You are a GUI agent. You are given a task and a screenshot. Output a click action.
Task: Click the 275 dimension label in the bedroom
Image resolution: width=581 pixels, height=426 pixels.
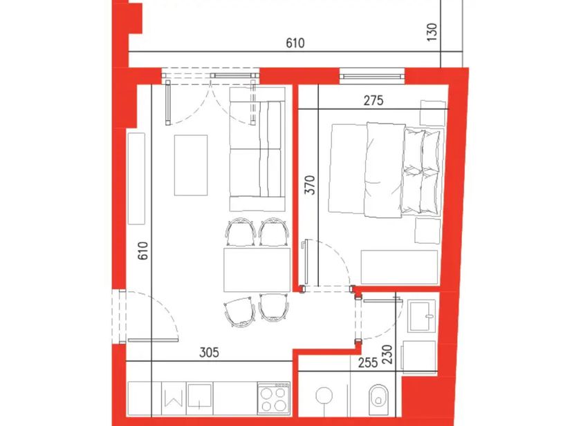click(373, 101)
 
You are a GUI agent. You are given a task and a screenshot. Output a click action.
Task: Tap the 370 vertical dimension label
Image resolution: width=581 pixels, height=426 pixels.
click(310, 185)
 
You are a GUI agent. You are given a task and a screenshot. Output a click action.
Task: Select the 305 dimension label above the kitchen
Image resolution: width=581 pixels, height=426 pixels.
click(210, 352)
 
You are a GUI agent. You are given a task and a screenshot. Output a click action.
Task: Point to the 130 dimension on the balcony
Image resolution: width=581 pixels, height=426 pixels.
click(432, 32)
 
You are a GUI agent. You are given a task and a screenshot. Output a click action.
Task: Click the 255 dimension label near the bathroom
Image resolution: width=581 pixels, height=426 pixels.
click(368, 362)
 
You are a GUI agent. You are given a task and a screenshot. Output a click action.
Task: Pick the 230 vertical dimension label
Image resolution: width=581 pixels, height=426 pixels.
click(387, 355)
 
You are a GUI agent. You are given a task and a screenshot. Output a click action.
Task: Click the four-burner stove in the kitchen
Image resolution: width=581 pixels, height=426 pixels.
click(274, 398)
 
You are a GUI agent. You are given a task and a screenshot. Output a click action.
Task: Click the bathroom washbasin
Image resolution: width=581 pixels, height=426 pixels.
click(422, 316)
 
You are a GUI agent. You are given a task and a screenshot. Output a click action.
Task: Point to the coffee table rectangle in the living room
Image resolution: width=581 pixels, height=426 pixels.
click(191, 165)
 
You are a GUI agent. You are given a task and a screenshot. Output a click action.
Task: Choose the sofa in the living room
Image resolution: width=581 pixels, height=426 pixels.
click(257, 149)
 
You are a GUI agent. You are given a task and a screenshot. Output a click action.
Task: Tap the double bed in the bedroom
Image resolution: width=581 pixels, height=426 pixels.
click(386, 170)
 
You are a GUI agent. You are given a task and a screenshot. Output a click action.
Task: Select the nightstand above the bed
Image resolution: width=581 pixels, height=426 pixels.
click(433, 113)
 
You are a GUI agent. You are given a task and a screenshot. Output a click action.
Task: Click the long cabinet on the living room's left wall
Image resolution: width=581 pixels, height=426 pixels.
click(136, 179)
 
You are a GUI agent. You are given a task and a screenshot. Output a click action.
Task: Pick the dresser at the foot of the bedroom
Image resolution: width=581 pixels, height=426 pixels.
click(400, 267)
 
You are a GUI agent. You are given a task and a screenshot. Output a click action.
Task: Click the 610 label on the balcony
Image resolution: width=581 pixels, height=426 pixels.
click(295, 43)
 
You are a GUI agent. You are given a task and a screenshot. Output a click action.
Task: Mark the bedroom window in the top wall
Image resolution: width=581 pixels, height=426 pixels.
click(372, 77)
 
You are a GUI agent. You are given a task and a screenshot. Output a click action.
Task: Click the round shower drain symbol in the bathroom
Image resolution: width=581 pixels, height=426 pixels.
click(324, 396)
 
